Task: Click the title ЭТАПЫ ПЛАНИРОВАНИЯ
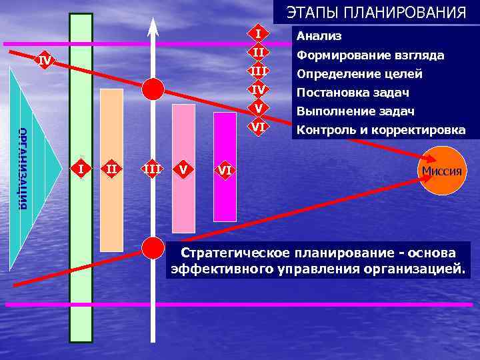376,13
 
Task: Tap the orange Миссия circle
441,170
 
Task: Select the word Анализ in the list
319,36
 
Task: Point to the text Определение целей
359,73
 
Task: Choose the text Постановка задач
353,92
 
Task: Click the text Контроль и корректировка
381,129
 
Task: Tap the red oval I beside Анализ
259,33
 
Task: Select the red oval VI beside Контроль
259,126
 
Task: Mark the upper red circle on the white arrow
154,88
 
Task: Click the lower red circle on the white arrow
154,247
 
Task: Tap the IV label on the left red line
45,61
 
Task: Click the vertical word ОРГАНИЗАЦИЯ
23,167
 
